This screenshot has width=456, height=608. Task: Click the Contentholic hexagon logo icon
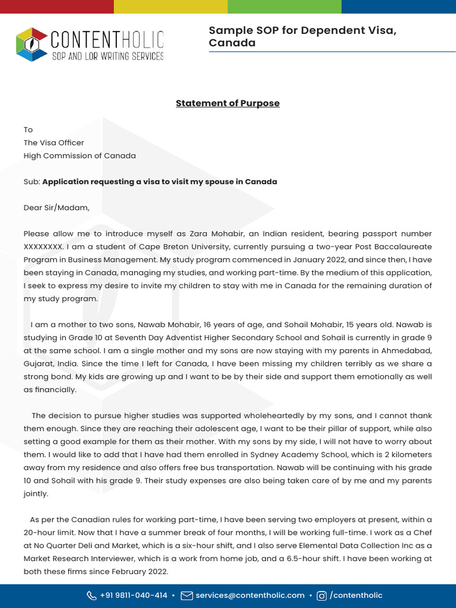[32, 45]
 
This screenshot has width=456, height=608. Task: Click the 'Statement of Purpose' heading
[227, 103]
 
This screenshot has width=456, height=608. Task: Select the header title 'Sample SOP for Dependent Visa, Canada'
[302, 37]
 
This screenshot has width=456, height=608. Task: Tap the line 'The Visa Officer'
[53, 142]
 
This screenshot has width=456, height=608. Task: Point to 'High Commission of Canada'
[80, 156]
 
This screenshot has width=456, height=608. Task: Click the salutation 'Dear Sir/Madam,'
[56, 208]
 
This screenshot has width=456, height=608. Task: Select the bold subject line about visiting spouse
[160, 182]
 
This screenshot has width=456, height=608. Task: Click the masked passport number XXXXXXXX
[43, 246]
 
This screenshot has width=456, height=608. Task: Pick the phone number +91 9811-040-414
[134, 595]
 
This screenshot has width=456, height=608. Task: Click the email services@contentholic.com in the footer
[250, 595]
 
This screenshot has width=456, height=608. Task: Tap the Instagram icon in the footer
[322, 596]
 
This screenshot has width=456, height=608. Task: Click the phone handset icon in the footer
[91, 596]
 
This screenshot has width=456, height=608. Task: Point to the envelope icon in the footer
[186, 596]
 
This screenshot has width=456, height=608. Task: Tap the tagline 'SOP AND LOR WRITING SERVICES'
[107, 56]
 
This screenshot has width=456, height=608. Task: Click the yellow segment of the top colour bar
[170, 7]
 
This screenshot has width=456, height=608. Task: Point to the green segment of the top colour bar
[284, 7]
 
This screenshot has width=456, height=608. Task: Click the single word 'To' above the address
[28, 129]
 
